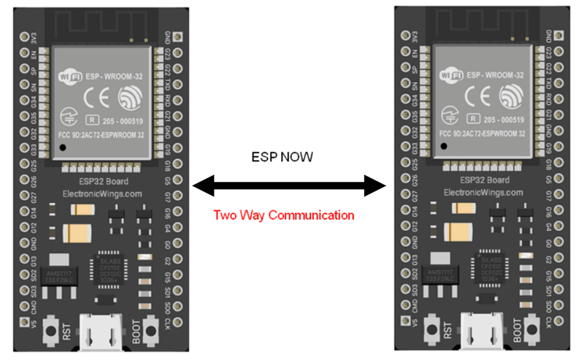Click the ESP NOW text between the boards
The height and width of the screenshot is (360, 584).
coord(289,157)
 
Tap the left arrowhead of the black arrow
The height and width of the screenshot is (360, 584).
coord(201,186)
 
